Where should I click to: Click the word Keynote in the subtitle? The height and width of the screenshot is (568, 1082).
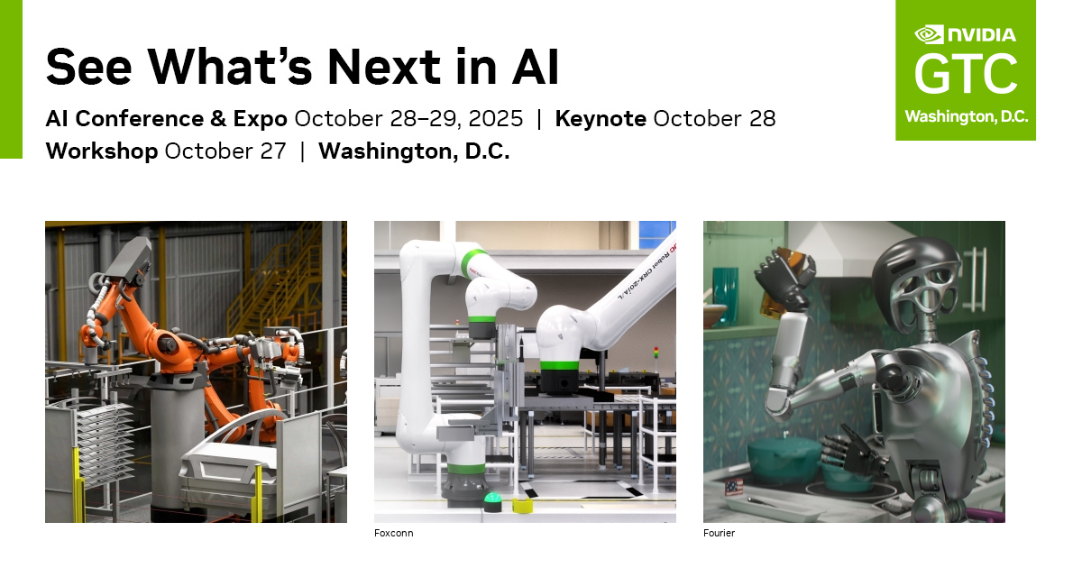pos(601,118)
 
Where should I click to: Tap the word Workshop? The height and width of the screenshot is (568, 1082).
pos(101,151)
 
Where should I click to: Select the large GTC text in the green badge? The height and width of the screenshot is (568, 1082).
pos(966,75)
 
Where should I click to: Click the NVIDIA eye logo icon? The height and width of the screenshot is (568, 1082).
pos(929,34)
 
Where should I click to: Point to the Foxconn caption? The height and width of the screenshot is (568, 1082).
pos(393,533)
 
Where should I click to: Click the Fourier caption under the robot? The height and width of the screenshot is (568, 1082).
pos(719,533)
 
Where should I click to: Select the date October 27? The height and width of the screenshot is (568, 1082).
pos(225,151)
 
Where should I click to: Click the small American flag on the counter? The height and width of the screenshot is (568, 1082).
pos(733,487)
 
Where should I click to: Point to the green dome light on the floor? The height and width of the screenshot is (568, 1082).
pos(492,501)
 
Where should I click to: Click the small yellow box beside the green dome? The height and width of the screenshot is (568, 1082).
pos(521,504)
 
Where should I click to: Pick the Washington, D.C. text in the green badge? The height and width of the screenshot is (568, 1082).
pos(966,117)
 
